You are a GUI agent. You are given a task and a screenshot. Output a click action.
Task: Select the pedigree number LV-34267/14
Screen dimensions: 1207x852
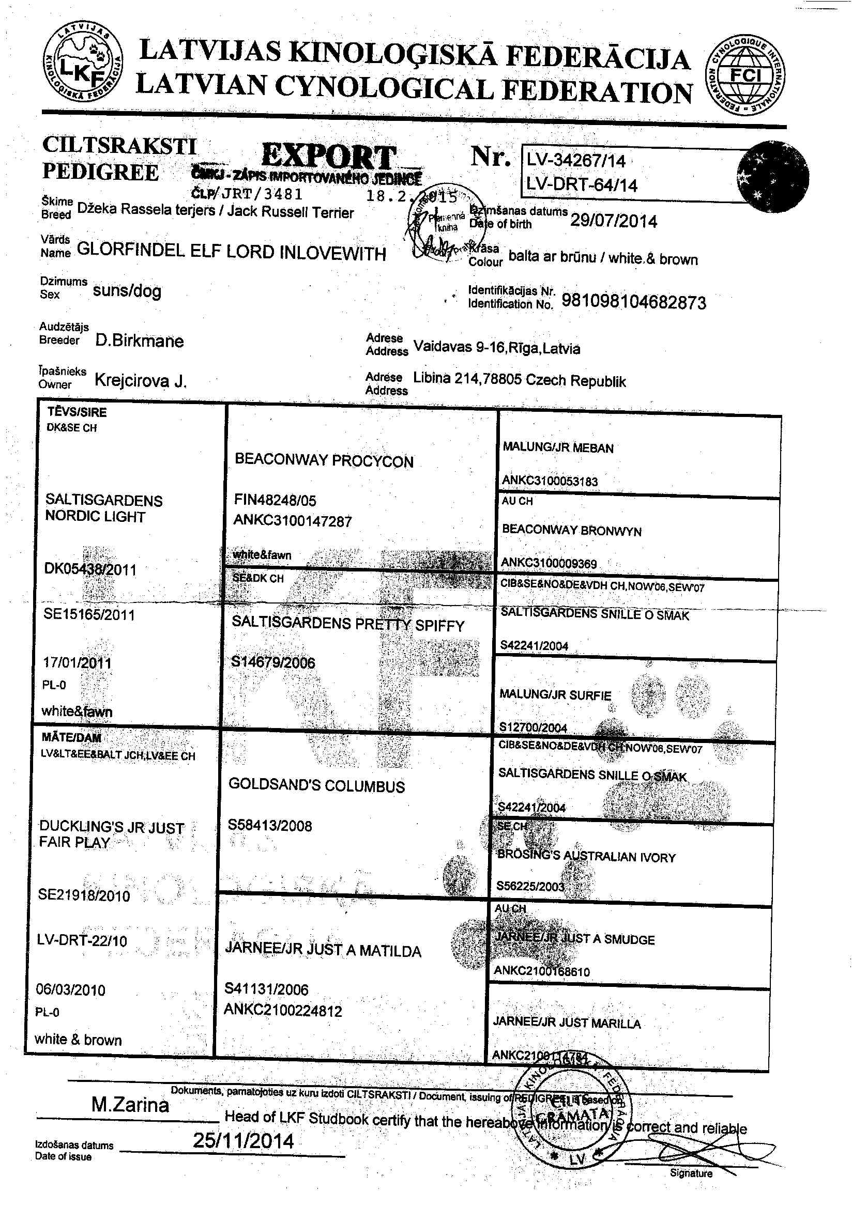point(576,160)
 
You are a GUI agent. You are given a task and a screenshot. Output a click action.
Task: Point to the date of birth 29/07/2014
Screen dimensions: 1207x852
point(613,221)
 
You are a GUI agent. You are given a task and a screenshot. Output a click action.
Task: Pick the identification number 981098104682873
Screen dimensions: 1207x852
point(634,302)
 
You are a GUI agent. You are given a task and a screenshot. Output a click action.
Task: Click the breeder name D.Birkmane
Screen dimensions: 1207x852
point(140,341)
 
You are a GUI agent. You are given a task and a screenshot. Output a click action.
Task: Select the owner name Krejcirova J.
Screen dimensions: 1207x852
point(141,380)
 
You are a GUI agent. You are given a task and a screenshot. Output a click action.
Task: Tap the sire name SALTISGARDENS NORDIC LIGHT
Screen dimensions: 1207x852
point(103,508)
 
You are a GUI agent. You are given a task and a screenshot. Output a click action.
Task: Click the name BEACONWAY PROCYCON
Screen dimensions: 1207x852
point(324,460)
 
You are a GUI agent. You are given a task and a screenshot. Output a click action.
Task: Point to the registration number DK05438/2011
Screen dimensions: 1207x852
point(90,569)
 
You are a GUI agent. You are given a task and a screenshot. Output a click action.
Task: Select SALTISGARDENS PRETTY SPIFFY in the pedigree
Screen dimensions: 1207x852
point(347,624)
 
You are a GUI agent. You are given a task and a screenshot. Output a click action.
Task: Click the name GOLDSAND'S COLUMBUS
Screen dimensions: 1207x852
point(316,785)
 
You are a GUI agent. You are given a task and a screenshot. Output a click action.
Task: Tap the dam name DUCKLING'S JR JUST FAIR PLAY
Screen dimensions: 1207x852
point(111,835)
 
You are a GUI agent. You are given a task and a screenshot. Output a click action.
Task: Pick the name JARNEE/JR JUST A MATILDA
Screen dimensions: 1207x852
point(323,950)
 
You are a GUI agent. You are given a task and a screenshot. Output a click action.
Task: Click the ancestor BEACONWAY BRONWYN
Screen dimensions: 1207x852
point(572,531)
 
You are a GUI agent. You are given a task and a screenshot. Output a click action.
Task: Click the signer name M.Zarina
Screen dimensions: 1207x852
point(130,1105)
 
